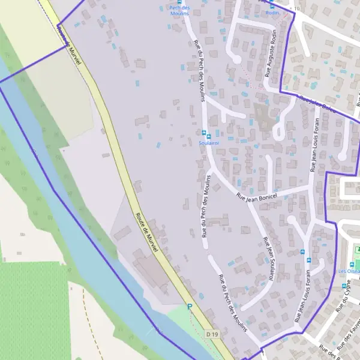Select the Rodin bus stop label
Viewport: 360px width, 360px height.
click(x=272, y=12)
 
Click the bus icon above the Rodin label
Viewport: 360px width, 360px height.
click(x=272, y=5)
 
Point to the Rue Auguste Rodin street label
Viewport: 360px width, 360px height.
click(x=271, y=55)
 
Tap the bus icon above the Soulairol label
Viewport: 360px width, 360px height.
click(x=204, y=133)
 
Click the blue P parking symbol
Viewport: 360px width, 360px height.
click(x=190, y=307)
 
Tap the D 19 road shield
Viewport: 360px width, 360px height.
click(x=211, y=334)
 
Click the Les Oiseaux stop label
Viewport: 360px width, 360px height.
click(x=349, y=271)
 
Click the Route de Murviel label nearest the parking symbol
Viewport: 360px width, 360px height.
click(x=146, y=236)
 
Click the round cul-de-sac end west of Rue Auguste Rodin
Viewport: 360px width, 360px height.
click(x=236, y=59)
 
